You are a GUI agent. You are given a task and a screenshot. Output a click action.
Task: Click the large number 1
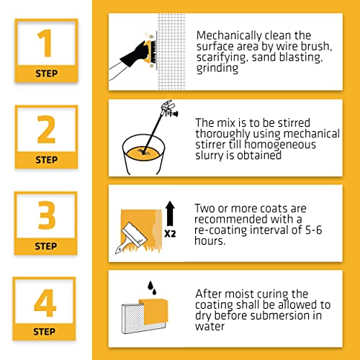45,44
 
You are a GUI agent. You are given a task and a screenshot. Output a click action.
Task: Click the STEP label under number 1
46,73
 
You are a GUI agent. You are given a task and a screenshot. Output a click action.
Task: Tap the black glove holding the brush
128,56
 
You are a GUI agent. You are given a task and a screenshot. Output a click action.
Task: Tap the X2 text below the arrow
170,233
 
